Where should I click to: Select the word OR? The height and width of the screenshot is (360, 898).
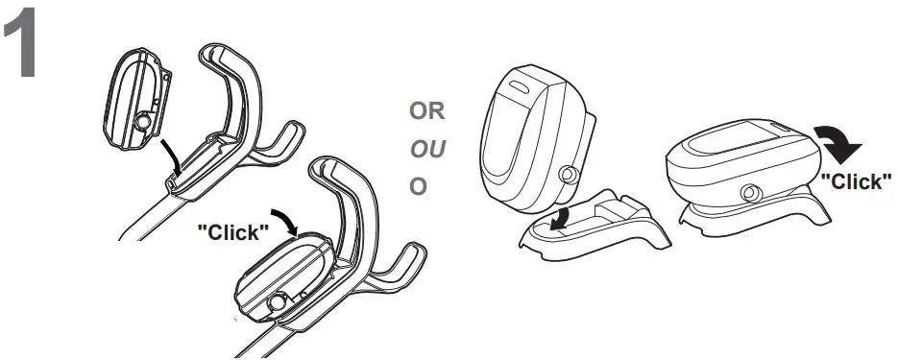tap(426, 111)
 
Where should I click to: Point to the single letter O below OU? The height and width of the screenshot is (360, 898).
tap(417, 185)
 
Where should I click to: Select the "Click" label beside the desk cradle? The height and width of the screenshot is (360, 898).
tap(855, 180)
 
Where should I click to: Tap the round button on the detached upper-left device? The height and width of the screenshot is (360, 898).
tap(143, 122)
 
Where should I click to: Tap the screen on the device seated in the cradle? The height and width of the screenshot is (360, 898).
tap(734, 143)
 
